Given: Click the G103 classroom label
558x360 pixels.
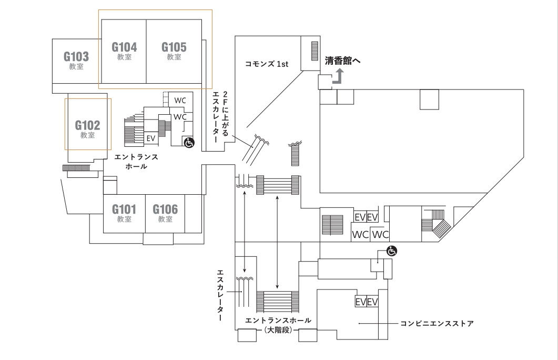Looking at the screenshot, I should click(x=76, y=56).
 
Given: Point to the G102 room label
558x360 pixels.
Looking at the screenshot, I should click(x=87, y=125).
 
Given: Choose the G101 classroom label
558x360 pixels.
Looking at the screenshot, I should click(x=124, y=209).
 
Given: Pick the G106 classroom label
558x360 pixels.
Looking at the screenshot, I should click(x=165, y=209).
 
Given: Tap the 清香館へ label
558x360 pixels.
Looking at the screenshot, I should click(x=342, y=61).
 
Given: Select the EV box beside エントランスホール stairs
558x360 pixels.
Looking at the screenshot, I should click(x=151, y=138).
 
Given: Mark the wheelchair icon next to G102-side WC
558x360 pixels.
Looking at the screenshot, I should click(x=188, y=142).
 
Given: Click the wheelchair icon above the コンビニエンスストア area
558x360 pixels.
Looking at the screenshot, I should click(x=391, y=252).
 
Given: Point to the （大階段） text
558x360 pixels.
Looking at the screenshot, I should click(x=278, y=330).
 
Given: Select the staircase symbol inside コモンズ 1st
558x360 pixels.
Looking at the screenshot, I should click(x=316, y=53).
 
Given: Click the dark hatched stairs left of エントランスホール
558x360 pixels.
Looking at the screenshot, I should click(x=76, y=168).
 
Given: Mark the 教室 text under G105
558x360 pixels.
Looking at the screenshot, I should click(x=174, y=57).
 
